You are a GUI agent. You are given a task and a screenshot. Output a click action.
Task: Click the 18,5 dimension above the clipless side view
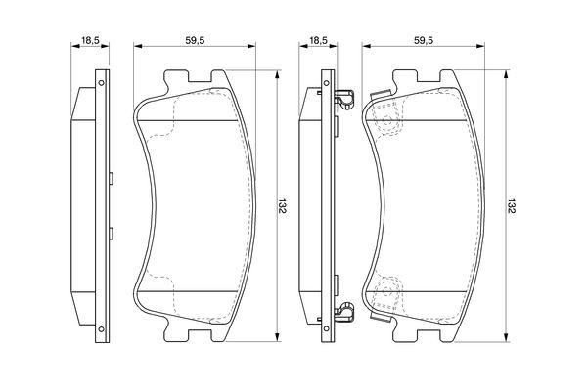click(90, 40)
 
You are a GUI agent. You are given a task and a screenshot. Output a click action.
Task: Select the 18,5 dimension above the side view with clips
click(319, 40)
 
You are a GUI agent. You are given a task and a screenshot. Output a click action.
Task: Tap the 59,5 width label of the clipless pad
click(195, 40)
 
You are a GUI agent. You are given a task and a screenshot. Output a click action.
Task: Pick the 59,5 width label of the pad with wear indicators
click(424, 40)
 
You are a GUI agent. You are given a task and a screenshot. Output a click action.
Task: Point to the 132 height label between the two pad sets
click(283, 206)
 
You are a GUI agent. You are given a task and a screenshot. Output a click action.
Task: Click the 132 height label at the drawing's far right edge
click(512, 206)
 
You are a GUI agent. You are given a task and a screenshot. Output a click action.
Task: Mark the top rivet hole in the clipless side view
click(101, 83)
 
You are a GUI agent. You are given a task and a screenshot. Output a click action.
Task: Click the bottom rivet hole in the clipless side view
click(101, 328)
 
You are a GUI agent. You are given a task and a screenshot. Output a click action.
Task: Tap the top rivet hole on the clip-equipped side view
click(327, 83)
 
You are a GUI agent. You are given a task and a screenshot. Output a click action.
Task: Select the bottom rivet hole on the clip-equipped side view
click(327, 328)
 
